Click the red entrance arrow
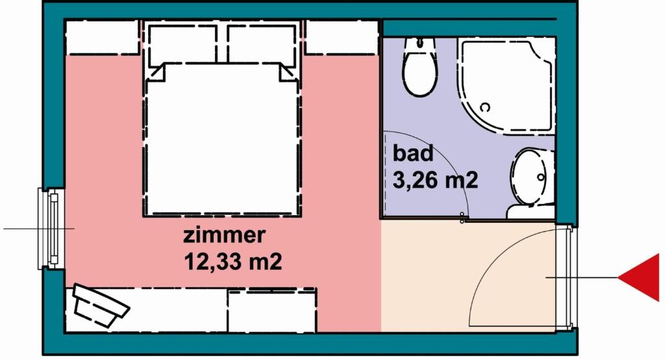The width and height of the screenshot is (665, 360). pos(640,278)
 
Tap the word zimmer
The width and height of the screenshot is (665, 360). pos(224,235)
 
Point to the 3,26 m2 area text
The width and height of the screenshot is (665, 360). pos(436,179)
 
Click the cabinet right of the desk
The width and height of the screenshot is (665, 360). pos(271,310)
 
